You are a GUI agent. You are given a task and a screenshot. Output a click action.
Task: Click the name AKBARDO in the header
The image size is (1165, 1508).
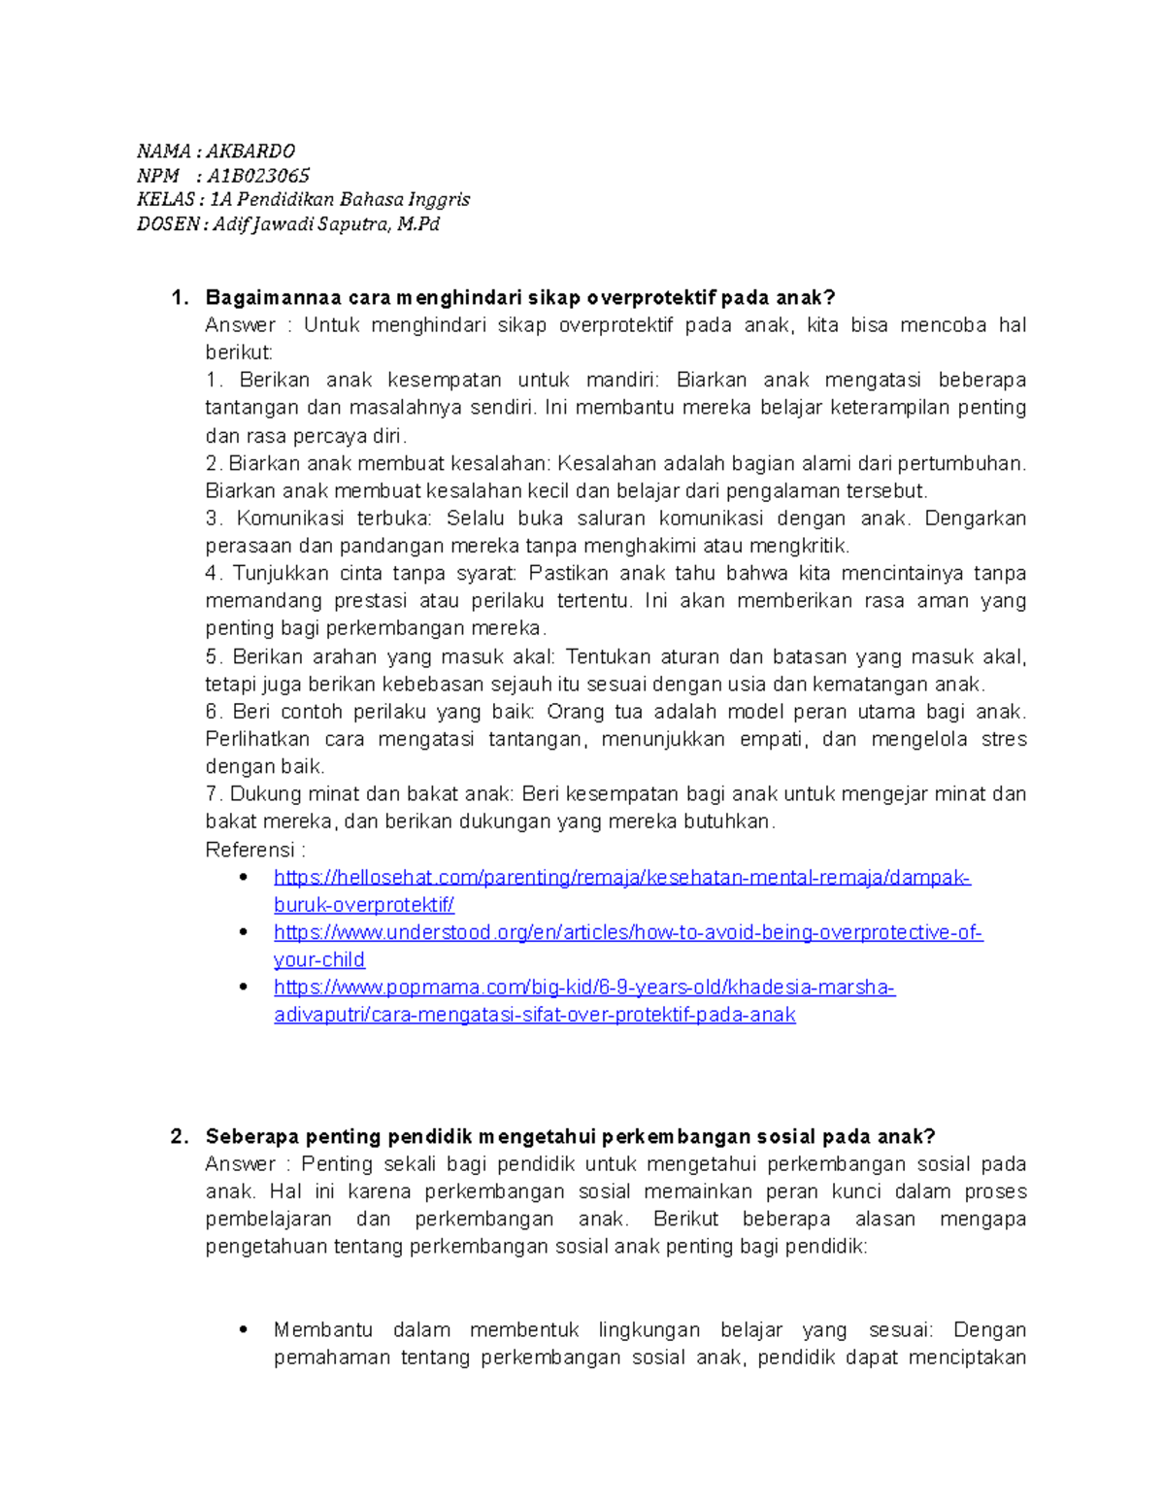[250, 151]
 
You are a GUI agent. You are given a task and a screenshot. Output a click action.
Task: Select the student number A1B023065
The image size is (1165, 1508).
[258, 176]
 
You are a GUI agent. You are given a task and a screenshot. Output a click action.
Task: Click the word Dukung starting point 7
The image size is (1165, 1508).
[259, 794]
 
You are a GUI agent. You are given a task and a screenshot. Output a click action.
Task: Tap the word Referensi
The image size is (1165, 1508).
[250, 850]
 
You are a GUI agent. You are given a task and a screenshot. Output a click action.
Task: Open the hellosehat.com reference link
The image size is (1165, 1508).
[621, 878]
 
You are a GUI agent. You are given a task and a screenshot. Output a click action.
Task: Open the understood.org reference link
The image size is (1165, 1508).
[627, 933]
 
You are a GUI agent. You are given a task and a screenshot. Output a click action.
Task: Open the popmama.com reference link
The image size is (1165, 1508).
[583, 988]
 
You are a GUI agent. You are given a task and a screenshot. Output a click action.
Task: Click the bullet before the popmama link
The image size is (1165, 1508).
[244, 987]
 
